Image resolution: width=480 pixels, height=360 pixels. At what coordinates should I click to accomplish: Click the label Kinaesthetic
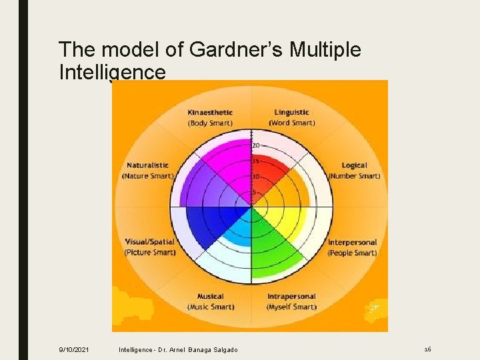(x=210, y=112)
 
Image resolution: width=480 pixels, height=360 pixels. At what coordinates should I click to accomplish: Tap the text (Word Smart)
(x=293, y=123)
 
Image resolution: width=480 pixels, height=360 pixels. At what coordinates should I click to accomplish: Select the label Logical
(x=354, y=165)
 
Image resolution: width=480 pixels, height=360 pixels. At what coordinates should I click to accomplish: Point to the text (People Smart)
(x=352, y=253)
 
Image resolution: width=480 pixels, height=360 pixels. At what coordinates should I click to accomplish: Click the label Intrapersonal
(x=291, y=296)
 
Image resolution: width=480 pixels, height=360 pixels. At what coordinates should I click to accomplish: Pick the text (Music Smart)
(x=211, y=307)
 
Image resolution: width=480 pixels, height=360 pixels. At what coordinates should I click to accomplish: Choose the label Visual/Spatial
(x=150, y=242)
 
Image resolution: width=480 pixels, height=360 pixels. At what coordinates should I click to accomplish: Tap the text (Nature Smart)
(x=147, y=176)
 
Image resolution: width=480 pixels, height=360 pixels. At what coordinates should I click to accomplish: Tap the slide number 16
(x=427, y=349)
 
